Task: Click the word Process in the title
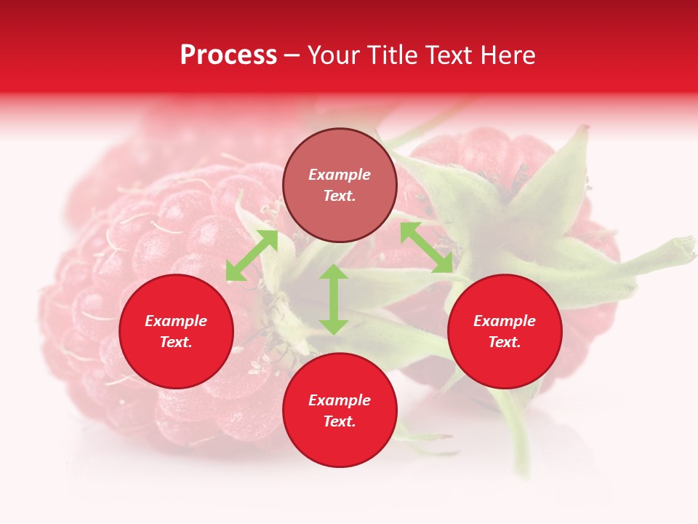[x=228, y=55]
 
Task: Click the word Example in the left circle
[x=176, y=321]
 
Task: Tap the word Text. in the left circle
[x=176, y=342]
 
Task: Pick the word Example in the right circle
[x=505, y=321]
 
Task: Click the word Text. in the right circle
[x=505, y=342]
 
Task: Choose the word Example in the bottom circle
[x=340, y=400]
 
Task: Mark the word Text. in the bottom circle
[x=340, y=421]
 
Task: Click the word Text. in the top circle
[x=340, y=196]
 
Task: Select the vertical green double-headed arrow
[x=334, y=299]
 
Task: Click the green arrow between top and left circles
[x=252, y=255]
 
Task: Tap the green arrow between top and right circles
[x=427, y=247]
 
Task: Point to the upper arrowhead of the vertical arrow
[x=334, y=271]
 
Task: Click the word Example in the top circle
[x=340, y=175]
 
